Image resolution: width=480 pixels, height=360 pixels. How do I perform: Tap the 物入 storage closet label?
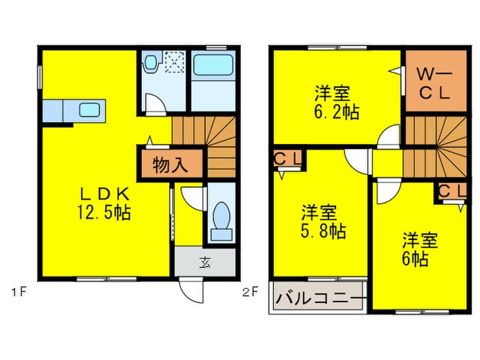(169, 165)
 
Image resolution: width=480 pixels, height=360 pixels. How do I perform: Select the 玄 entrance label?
(206, 261)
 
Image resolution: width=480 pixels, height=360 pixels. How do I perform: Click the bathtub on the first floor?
(213, 67)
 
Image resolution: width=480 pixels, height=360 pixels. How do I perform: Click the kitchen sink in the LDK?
(91, 110)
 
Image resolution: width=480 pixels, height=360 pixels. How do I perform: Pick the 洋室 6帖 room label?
(419, 250)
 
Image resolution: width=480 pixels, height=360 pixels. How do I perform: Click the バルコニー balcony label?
(320, 299)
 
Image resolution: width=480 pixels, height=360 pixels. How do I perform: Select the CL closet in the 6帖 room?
(450, 191)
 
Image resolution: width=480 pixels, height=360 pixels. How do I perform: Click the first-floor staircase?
(206, 146)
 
